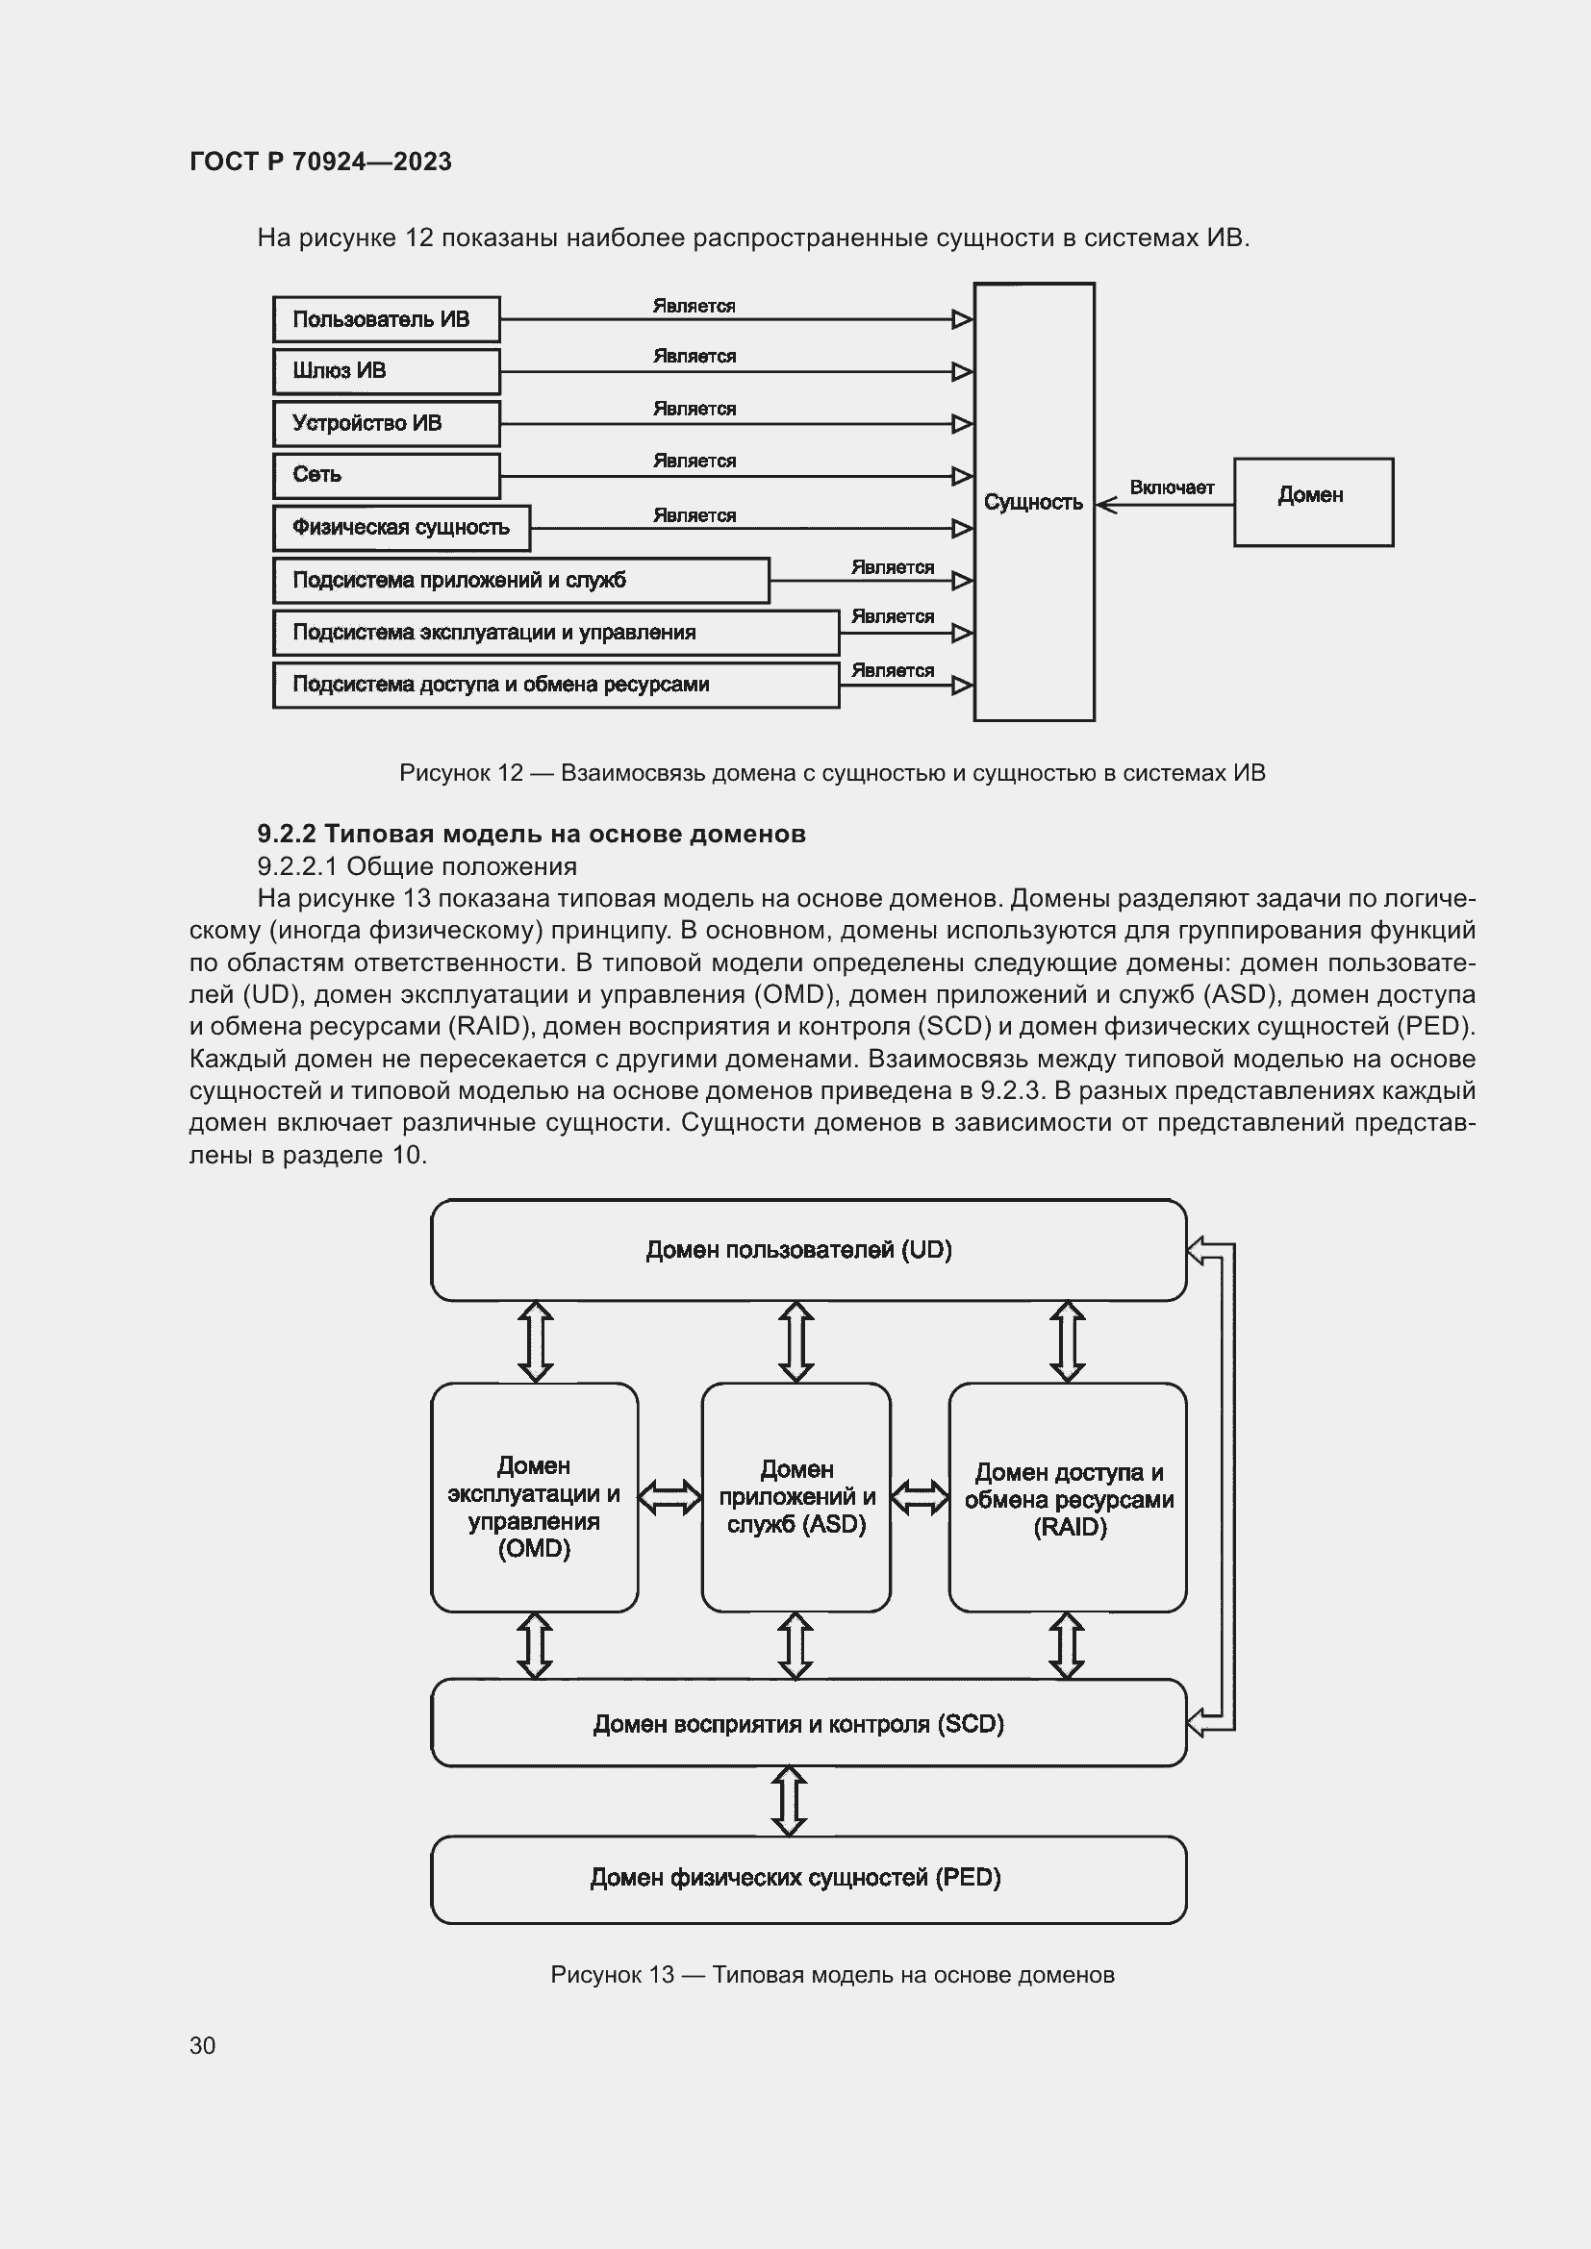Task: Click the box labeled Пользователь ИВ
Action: (386, 319)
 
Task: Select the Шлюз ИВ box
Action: (386, 371)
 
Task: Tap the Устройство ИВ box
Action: (386, 423)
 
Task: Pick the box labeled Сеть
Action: (386, 475)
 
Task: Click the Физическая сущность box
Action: (402, 528)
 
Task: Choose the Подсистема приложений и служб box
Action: (520, 580)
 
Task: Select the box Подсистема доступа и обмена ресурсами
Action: (555, 685)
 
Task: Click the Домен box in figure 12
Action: (1313, 502)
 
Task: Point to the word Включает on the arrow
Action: (1172, 487)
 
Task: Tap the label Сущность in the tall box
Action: (1032, 503)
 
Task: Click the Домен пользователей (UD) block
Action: (807, 1250)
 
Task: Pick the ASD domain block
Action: (795, 1497)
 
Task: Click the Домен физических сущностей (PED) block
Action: (807, 1878)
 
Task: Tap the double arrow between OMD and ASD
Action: (669, 1497)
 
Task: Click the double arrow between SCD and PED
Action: (790, 1800)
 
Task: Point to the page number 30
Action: (203, 2045)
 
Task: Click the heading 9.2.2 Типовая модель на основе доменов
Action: (531, 834)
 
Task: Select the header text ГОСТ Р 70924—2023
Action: (320, 162)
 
